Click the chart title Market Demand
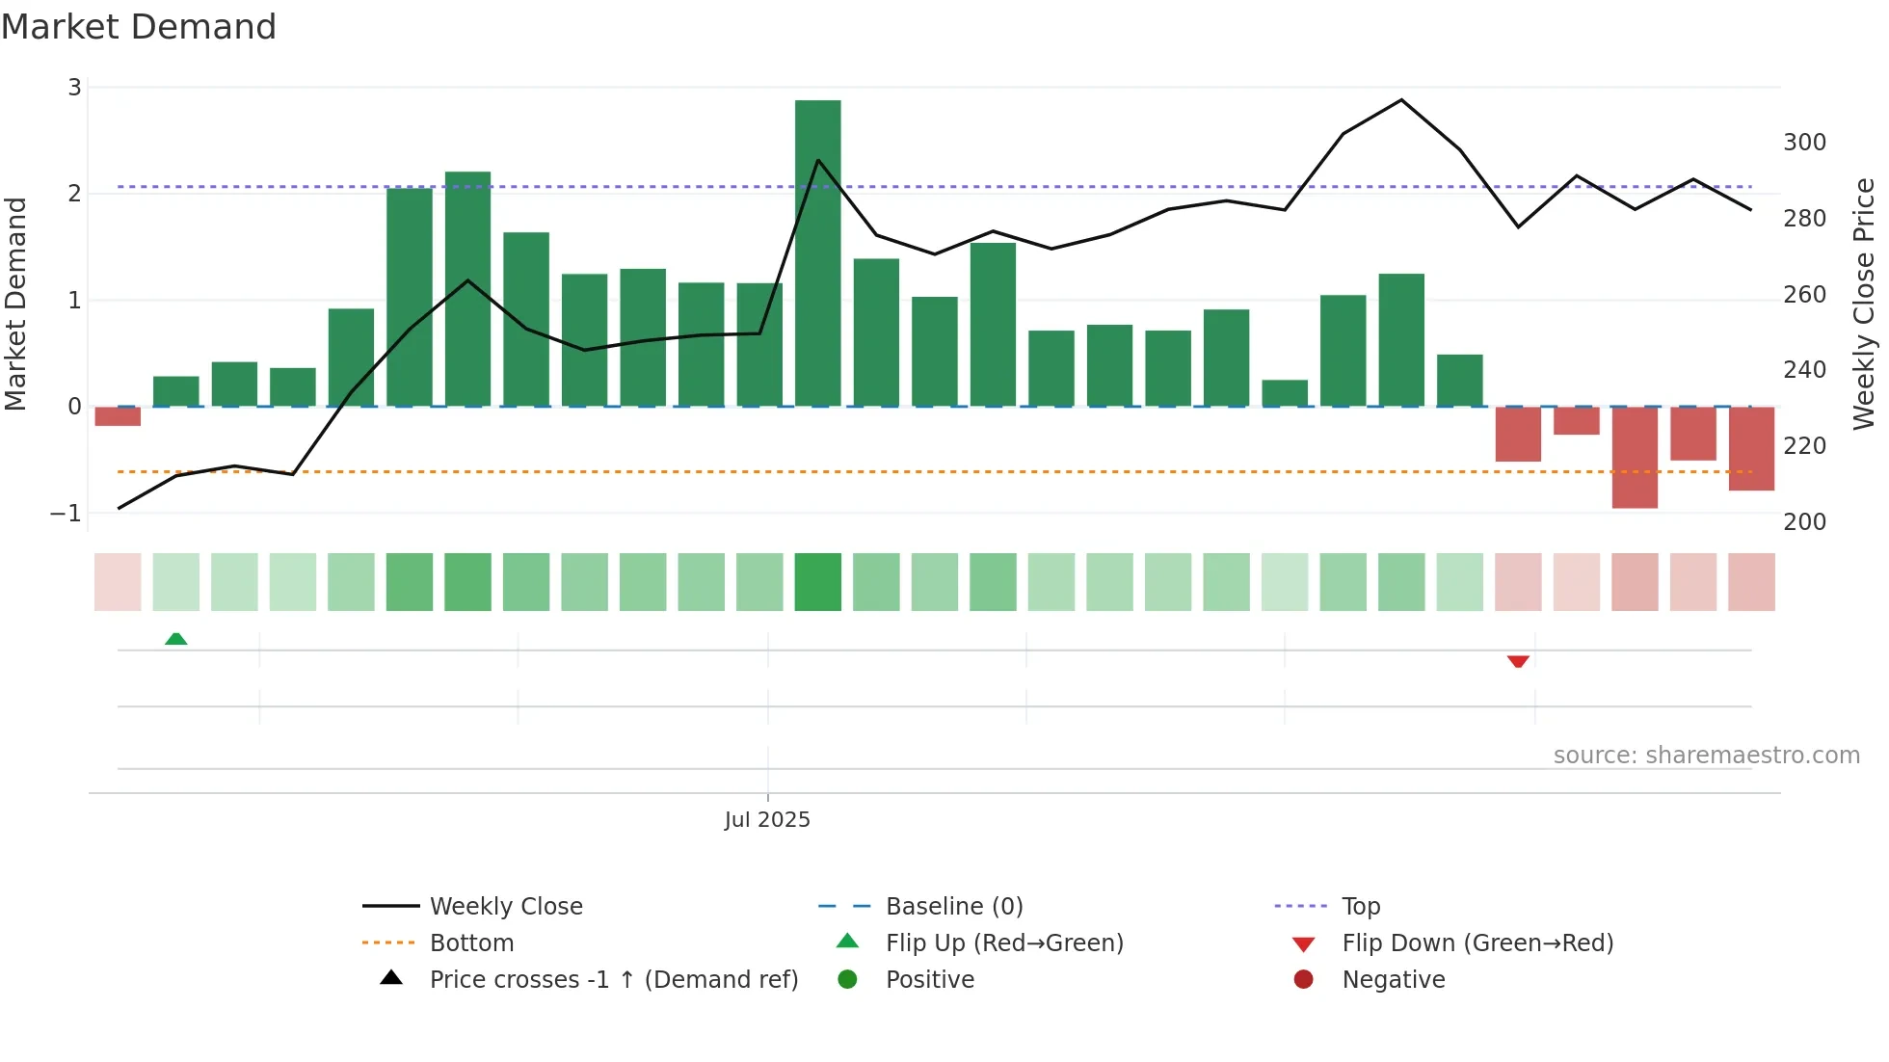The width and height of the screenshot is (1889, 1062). pyautogui.click(x=139, y=27)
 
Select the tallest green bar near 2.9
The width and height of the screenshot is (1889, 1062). pyautogui.click(x=817, y=252)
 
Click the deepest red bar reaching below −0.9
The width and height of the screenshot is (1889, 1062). pyautogui.click(x=1635, y=457)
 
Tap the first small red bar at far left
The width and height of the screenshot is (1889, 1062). pyautogui.click(x=118, y=416)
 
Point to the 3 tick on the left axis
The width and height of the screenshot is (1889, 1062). pyautogui.click(x=74, y=88)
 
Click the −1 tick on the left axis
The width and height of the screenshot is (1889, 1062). pyautogui.click(x=67, y=514)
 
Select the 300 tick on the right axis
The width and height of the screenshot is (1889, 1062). pyautogui.click(x=1804, y=143)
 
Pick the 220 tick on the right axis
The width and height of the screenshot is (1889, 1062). pyautogui.click(x=1804, y=446)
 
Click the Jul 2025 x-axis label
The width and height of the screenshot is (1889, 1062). pyautogui.click(x=767, y=820)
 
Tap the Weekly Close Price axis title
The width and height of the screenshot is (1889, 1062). pyautogui.click(x=1864, y=304)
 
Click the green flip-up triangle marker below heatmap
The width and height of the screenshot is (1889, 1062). pyautogui.click(x=175, y=639)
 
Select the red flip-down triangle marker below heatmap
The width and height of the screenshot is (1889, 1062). pyautogui.click(x=1518, y=661)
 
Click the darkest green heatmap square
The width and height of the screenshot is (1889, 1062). pyautogui.click(x=817, y=582)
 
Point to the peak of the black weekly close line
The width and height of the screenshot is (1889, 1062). pyautogui.click(x=1401, y=100)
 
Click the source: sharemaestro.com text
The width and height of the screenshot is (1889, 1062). pyautogui.click(x=1706, y=756)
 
